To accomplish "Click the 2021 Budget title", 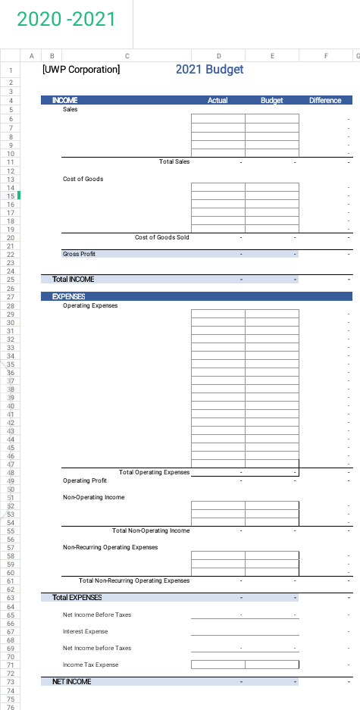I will tap(209, 70).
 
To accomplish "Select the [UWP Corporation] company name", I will tap(82, 70).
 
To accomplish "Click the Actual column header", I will tap(218, 100).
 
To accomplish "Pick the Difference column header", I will tap(325, 100).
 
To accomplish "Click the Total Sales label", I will tap(174, 161).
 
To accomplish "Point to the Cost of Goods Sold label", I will tap(162, 237).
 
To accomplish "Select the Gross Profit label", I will tap(79, 254).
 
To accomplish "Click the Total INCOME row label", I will tap(73, 279).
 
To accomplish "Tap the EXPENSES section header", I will tap(68, 296).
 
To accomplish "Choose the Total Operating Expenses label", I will tap(154, 472).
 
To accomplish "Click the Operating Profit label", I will tap(85, 480).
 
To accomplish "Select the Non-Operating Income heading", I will tap(93, 497).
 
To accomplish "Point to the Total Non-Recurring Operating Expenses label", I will tap(134, 580).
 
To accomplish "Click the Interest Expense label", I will tap(85, 631).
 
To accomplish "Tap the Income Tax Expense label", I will tap(90, 665).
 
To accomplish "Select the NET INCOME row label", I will tap(71, 682).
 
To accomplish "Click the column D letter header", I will tap(218, 55).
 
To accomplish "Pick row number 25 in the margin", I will tap(11, 279).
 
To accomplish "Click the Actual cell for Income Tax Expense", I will tap(218, 665).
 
